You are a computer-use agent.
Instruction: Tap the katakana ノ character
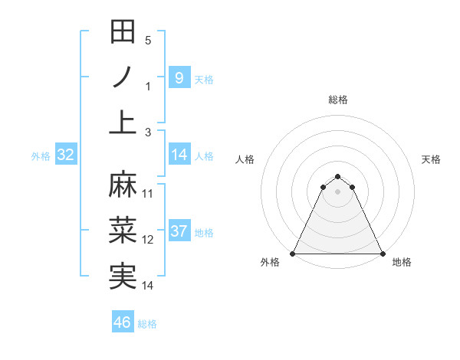coord(123,77)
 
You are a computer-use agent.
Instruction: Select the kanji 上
coord(123,123)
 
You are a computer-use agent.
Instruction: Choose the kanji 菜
coord(123,230)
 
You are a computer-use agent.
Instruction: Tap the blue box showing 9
coord(179,77)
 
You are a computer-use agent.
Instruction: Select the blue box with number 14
coord(179,155)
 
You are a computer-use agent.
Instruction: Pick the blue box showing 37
coord(179,231)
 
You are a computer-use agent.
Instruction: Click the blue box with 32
coord(66,155)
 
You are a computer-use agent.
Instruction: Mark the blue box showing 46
coord(123,322)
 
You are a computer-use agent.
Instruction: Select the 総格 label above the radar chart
coord(338,100)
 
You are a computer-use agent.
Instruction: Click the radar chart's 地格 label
coord(402,262)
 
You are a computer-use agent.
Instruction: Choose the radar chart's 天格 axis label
coord(431,159)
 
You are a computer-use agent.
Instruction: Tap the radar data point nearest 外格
coord(293,254)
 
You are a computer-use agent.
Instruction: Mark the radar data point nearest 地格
coord(383,254)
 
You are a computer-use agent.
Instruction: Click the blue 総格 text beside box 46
coord(147,324)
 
